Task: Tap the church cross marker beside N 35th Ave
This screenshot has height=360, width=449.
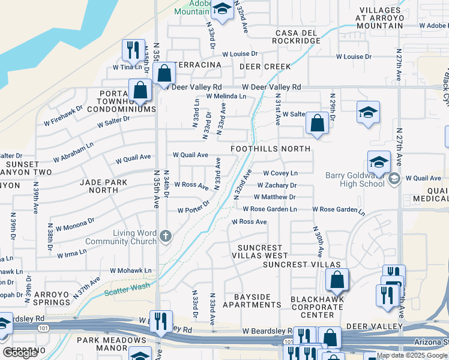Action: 165,237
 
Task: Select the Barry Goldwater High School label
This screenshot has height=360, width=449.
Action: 354,179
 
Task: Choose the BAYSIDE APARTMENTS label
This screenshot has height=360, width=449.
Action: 252,301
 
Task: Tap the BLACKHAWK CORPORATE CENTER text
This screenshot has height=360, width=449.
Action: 317,307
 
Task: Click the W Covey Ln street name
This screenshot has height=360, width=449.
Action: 280,173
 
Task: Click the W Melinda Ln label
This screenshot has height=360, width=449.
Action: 226,96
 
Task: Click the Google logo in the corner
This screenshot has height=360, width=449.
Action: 20,353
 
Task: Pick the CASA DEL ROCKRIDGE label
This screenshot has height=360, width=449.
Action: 298,37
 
